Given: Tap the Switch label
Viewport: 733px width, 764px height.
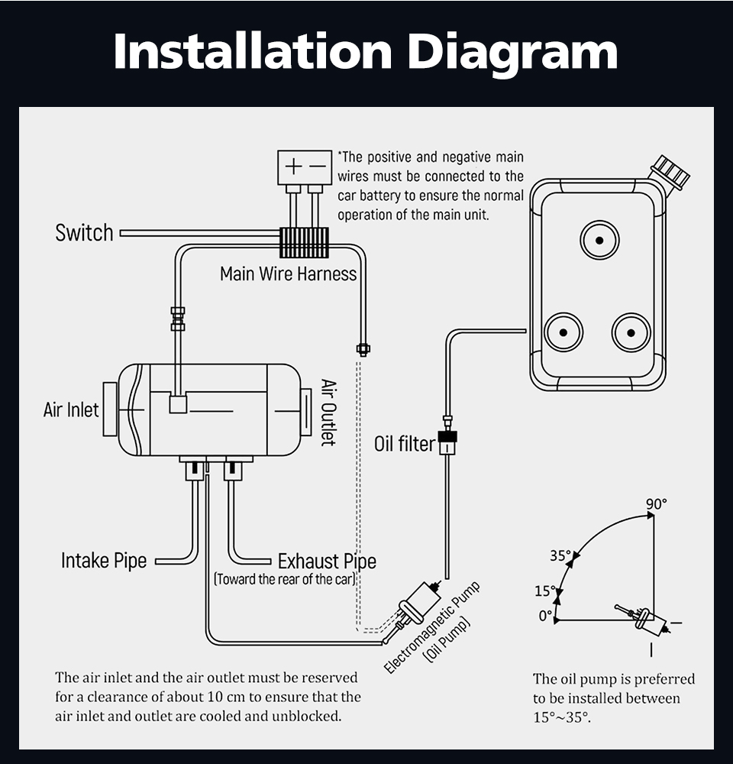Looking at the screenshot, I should click(84, 232).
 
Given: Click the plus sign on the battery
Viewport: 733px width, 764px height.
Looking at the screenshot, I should click(293, 166).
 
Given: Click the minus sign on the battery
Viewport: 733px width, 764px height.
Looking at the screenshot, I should click(317, 166).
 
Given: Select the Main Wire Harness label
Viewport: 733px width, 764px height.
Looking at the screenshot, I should click(288, 274).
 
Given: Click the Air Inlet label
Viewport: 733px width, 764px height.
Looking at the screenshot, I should click(71, 410).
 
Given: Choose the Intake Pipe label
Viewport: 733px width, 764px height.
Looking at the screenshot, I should click(104, 561).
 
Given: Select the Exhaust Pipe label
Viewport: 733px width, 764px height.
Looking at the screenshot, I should click(327, 562).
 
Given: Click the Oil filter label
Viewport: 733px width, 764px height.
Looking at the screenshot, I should click(404, 444).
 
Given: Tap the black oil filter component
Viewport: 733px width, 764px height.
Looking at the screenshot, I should click(447, 442).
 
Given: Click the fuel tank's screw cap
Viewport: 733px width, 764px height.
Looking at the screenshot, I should click(670, 172).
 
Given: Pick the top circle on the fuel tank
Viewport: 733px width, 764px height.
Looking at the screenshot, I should click(599, 240).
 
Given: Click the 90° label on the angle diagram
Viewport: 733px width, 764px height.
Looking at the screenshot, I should click(656, 504).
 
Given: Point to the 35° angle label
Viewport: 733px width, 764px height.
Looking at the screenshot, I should click(560, 555).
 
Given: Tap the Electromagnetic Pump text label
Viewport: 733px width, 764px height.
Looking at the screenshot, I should click(431, 626).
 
